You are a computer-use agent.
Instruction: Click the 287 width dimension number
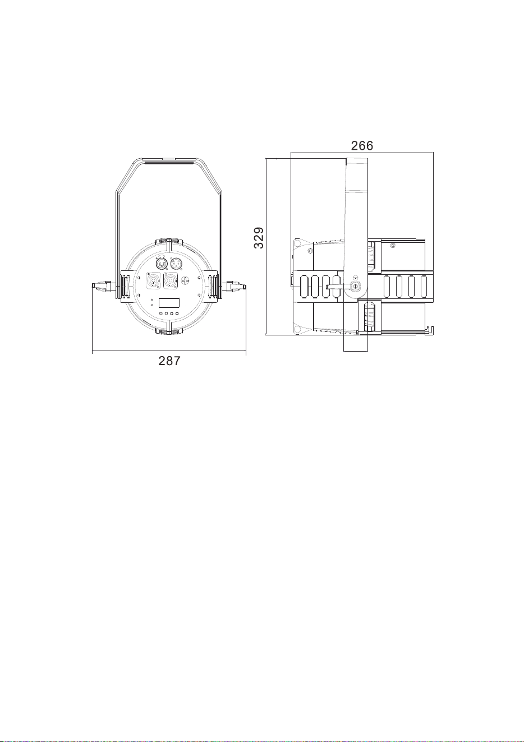(169, 361)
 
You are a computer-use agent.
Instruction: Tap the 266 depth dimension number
(362, 146)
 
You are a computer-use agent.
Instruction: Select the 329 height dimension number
(259, 237)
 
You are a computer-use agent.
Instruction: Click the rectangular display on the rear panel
(169, 303)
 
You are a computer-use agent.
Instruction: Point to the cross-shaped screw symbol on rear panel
(187, 280)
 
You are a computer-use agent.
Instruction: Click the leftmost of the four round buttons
(161, 314)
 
